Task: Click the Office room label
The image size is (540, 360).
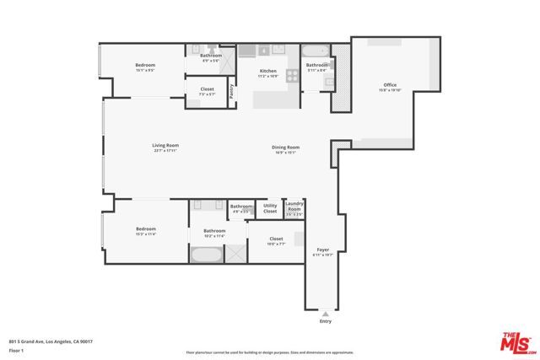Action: (389, 84)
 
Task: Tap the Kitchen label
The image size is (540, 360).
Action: (268, 71)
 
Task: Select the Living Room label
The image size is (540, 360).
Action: (165, 145)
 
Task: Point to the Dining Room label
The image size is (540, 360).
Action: (285, 148)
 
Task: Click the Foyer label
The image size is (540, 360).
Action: (323, 250)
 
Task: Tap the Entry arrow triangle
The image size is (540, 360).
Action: (326, 313)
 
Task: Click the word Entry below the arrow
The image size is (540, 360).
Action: (326, 321)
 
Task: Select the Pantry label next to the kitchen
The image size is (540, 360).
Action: (230, 90)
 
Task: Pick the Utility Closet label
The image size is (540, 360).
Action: (270, 207)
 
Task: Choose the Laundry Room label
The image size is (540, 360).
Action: (294, 207)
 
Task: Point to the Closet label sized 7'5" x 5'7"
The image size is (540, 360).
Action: (207, 89)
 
